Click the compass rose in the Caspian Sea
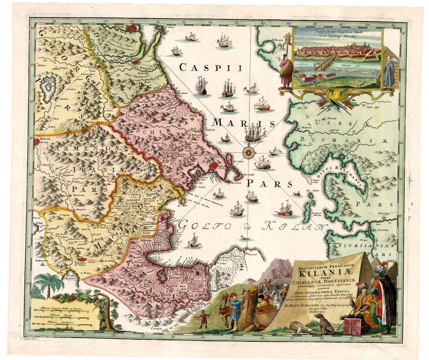249,152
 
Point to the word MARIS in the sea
238,123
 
